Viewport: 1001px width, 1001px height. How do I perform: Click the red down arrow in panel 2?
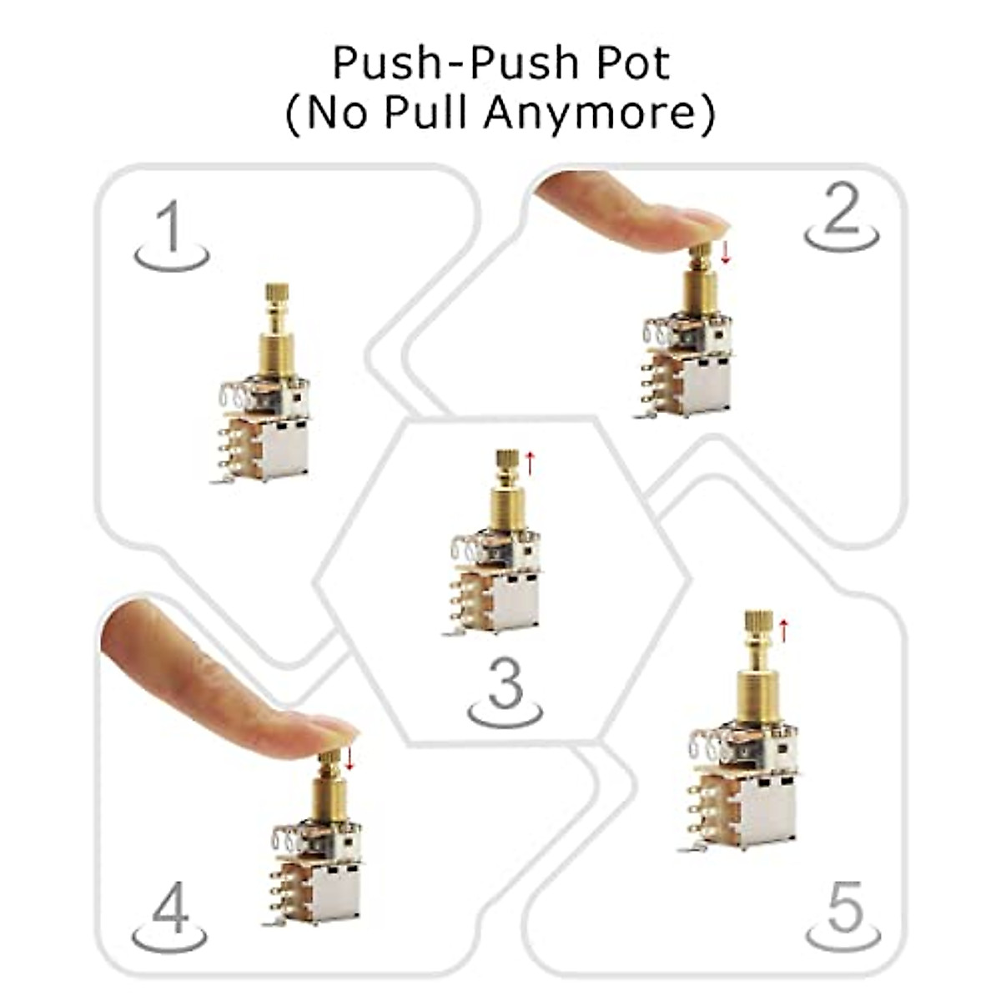pyautogui.click(x=725, y=252)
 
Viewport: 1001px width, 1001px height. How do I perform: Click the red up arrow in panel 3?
pyautogui.click(x=528, y=462)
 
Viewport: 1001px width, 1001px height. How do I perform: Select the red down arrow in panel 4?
pyautogui.click(x=350, y=757)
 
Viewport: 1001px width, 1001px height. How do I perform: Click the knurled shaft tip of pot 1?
pyautogui.click(x=277, y=296)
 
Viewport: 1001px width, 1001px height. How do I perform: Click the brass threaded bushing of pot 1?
pyautogui.click(x=277, y=355)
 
